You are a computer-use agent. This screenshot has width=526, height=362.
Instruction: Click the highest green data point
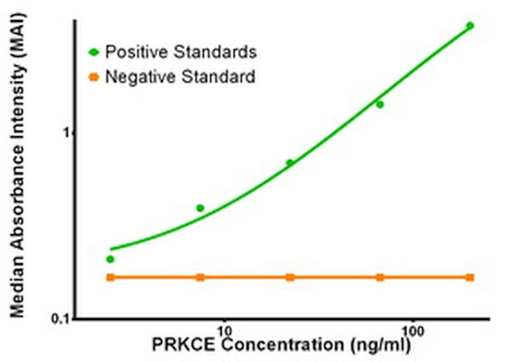coord(469,26)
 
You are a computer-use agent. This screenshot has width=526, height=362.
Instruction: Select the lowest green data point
coord(111,259)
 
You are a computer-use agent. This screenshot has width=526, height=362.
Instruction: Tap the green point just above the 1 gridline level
coord(380,104)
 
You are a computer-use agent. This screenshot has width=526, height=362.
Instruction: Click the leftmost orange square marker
coord(111,278)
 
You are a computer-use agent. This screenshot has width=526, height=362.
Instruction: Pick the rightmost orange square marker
coord(469,278)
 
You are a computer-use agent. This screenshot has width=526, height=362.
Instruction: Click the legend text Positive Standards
coord(181,53)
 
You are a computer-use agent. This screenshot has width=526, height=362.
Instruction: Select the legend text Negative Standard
coord(180,78)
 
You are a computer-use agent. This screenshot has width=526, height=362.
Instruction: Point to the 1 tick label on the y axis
coord(57,132)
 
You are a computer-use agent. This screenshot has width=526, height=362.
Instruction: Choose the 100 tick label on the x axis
coord(413,332)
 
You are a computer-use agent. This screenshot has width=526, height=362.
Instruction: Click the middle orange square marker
coord(291,278)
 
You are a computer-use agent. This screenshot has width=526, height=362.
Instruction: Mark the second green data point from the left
coord(201,208)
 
